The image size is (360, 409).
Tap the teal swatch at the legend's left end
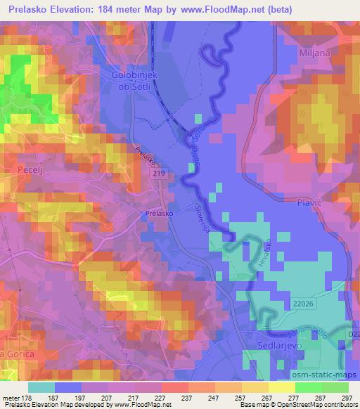tap(41, 387)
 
